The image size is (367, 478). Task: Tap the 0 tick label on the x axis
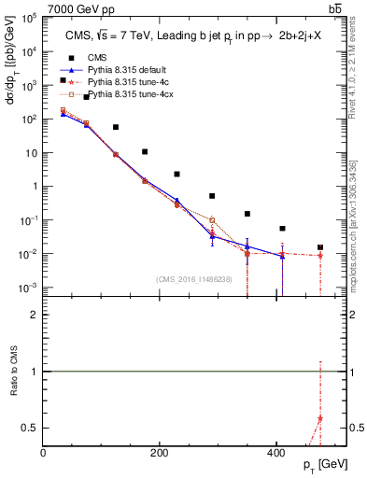[x=44, y=453]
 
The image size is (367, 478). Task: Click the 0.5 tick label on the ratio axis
[x=31, y=428]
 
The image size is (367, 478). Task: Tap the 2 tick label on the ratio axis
[x=35, y=315]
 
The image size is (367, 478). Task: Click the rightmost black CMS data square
[x=320, y=247]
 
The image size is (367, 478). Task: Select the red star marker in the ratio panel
[x=320, y=419]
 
